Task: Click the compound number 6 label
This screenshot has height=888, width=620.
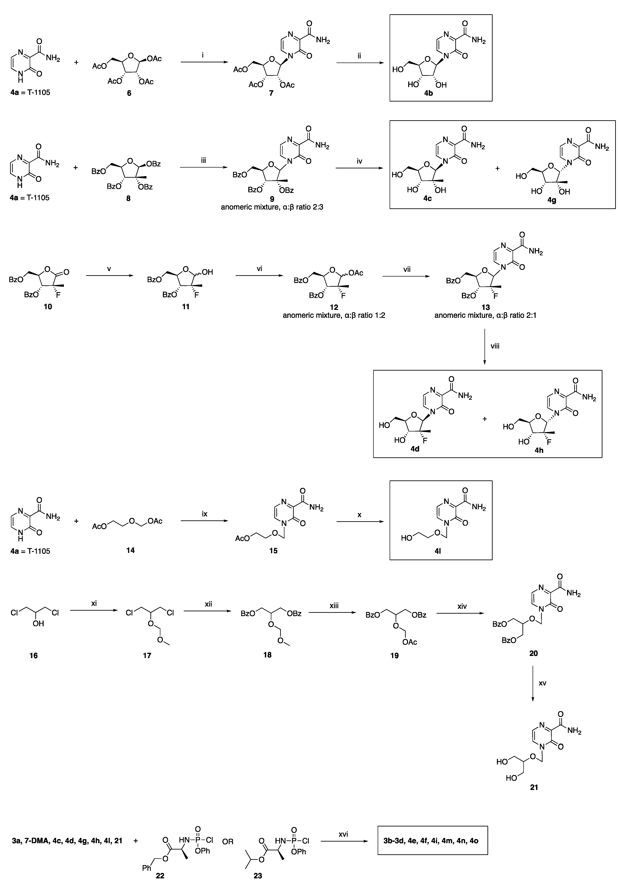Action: point(129,93)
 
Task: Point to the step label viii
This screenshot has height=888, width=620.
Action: point(495,346)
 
